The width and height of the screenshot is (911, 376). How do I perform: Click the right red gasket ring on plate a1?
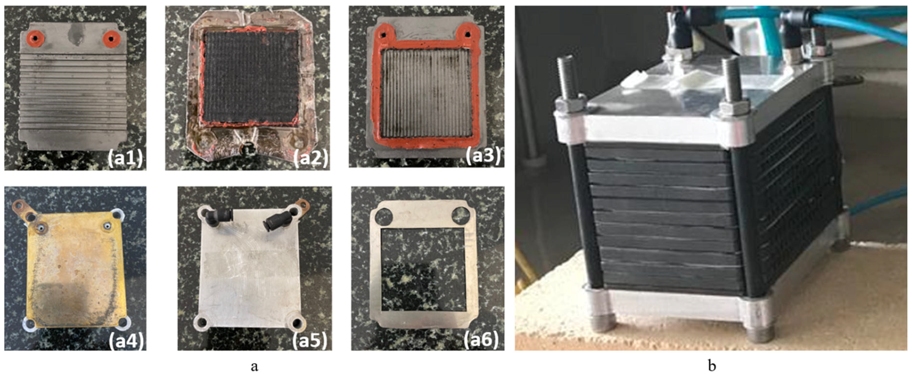tap(111, 38)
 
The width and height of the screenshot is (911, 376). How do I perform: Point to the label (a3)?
tap(482, 155)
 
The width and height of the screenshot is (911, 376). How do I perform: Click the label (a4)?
tap(125, 340)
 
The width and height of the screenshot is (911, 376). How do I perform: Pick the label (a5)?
tap(309, 340)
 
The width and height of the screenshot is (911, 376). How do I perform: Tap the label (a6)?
tap(481, 339)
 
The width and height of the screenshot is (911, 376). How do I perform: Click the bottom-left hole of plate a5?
tap(200, 323)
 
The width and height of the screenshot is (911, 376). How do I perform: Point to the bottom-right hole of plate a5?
tap(297, 323)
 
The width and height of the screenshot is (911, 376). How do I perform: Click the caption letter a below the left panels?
tap(254, 367)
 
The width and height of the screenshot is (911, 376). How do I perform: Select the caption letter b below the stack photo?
tap(712, 366)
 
